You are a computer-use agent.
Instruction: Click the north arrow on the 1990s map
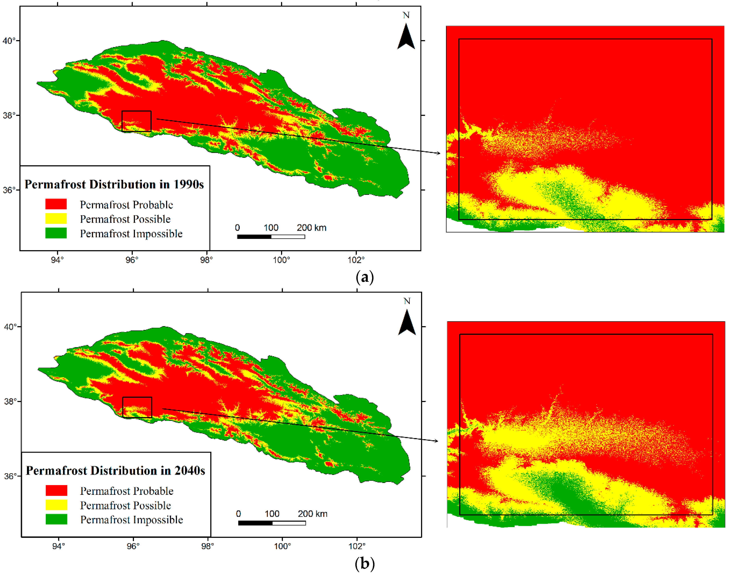click(x=406, y=36)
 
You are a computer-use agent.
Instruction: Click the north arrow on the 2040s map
click(x=407, y=323)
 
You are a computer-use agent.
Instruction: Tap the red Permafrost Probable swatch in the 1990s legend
click(x=56, y=204)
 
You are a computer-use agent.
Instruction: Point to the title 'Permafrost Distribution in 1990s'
click(x=114, y=185)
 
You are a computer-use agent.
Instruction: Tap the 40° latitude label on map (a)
click(x=9, y=41)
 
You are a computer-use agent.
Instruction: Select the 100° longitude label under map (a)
click(x=281, y=260)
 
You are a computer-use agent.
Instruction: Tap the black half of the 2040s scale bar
click(x=255, y=523)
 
